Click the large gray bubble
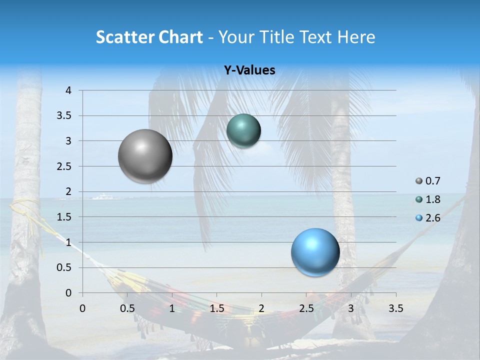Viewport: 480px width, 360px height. (145, 156)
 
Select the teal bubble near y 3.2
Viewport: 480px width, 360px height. (243, 131)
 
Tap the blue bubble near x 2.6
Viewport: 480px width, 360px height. (315, 252)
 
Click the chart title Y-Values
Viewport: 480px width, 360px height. (249, 70)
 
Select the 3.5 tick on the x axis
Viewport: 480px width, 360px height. (395, 308)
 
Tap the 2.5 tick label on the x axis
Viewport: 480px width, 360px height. (306, 308)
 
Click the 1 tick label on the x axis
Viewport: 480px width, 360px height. (172, 308)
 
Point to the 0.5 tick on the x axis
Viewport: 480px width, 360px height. (127, 308)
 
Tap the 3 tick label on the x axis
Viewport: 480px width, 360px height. (351, 308)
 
